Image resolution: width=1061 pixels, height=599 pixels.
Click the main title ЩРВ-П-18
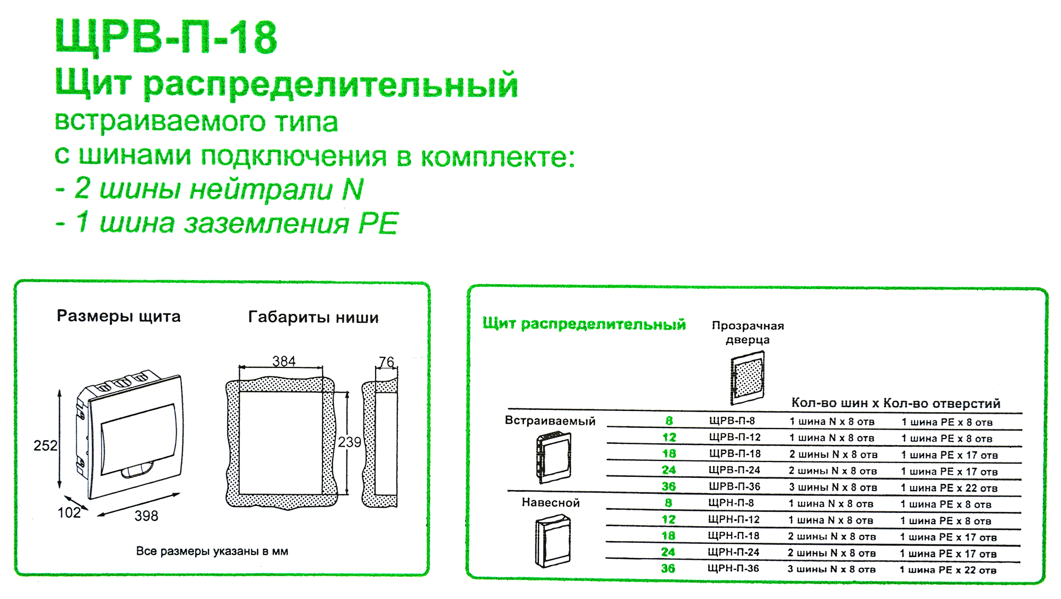(166, 37)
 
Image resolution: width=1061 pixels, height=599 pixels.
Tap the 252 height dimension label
(45, 446)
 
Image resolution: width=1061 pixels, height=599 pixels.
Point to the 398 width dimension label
(146, 516)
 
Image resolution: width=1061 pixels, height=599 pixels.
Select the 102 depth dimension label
(69, 512)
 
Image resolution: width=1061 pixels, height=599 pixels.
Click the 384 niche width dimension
(284, 361)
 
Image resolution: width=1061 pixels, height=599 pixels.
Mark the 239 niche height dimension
(350, 442)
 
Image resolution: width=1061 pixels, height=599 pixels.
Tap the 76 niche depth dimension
(387, 362)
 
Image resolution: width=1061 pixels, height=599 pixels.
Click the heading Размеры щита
(118, 316)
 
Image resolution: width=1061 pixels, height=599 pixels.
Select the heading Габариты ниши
(313, 318)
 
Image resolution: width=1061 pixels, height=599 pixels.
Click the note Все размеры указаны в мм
(212, 551)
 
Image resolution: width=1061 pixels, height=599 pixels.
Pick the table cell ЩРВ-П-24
(734, 470)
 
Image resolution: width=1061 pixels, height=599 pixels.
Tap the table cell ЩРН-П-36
(733, 568)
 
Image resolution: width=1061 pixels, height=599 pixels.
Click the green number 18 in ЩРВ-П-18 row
(669, 453)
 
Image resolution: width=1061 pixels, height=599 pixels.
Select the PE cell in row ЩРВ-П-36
(949, 487)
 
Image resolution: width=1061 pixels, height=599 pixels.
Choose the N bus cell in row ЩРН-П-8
(831, 503)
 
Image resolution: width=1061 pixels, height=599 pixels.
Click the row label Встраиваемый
(550, 421)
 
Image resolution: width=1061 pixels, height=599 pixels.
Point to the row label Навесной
(551, 502)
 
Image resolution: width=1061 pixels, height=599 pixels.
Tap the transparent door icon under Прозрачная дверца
(748, 378)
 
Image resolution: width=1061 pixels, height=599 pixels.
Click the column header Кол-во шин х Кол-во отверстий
(895, 403)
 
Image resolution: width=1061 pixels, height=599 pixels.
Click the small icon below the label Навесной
(553, 541)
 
